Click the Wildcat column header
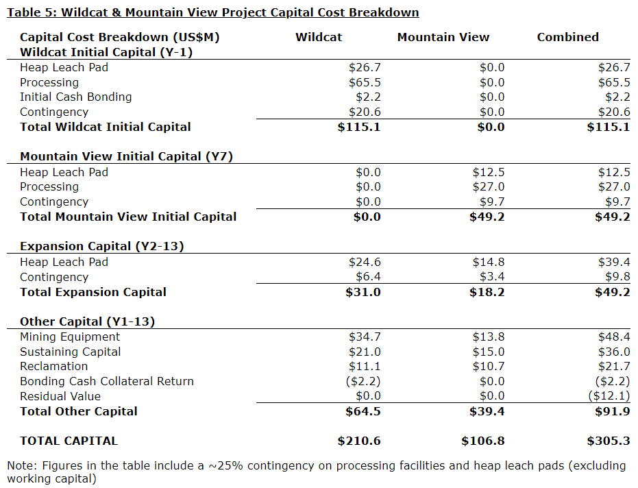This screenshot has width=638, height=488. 319,37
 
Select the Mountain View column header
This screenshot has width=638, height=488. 443,37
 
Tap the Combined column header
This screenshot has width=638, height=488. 567,37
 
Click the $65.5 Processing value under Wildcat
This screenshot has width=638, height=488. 365,82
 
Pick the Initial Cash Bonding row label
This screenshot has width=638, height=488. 75,97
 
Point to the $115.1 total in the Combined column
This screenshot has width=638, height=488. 609,127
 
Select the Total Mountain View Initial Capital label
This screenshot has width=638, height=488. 128,217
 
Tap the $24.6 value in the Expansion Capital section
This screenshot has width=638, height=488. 365,262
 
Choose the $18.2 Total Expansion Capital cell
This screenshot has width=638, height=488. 487,292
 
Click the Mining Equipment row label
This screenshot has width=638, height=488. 70,337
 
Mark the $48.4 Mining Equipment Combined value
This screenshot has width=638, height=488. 614,337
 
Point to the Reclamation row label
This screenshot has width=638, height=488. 53,366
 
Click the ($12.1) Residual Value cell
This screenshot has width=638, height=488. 609,396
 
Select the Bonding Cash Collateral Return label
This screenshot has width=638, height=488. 107,381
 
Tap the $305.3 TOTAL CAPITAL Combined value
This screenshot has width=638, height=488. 609,441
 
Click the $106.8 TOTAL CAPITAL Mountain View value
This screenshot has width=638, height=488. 483,441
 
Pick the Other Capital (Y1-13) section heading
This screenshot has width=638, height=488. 88,321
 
